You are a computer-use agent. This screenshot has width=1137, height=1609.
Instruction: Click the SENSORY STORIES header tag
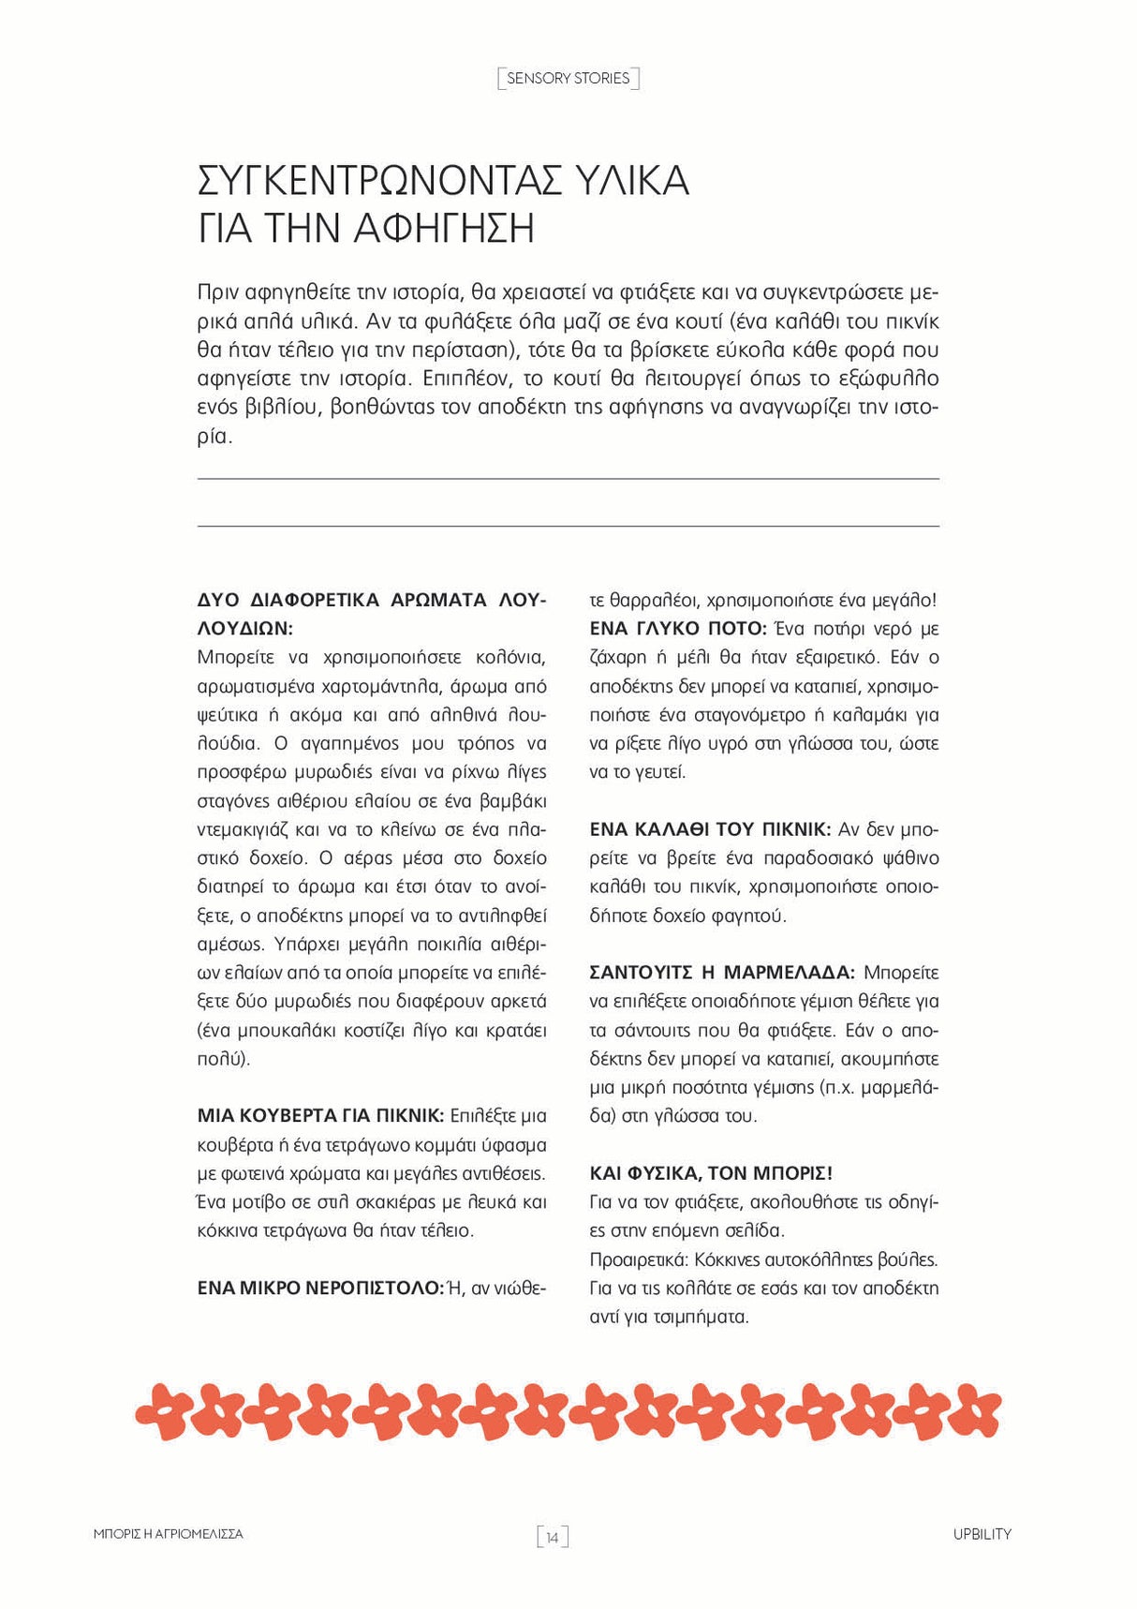click(x=568, y=79)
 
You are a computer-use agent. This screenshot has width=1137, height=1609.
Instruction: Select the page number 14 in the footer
click(x=553, y=1537)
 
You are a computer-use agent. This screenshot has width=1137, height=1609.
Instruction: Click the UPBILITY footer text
click(x=982, y=1534)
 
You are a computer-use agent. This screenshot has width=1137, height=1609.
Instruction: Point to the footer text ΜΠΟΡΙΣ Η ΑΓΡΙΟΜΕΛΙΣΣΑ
click(x=169, y=1534)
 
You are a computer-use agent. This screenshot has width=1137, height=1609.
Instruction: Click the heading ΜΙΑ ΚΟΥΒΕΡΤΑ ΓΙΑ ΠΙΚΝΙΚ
click(x=320, y=1116)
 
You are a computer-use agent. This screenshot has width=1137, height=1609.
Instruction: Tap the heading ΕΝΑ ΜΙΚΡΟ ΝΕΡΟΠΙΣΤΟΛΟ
click(x=319, y=1289)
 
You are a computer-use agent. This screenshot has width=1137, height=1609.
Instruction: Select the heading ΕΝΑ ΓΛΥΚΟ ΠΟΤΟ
click(x=677, y=629)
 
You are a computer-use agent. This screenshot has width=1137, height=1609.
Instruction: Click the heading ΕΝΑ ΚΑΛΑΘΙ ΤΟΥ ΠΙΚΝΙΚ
click(x=709, y=829)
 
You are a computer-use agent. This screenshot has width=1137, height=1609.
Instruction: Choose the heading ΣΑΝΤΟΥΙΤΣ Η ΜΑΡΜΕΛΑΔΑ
click(x=721, y=973)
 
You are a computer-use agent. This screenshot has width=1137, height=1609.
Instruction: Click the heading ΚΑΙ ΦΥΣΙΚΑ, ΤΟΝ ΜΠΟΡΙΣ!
click(x=711, y=1173)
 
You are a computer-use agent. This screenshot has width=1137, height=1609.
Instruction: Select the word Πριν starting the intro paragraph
click(x=218, y=292)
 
